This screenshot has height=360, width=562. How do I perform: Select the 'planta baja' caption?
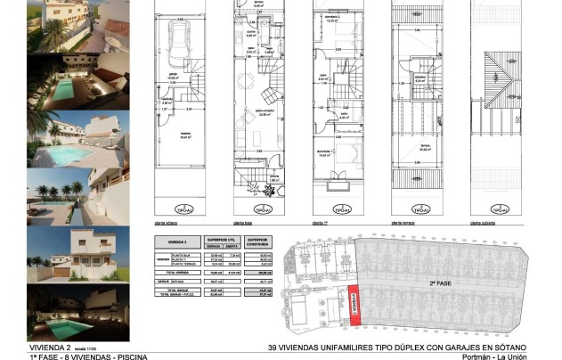(x=246, y=224)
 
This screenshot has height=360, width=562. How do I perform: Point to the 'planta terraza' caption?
(x=405, y=224)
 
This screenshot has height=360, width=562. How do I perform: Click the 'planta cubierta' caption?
(x=485, y=224)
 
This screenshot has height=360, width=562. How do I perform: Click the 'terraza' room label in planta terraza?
(x=426, y=145)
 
